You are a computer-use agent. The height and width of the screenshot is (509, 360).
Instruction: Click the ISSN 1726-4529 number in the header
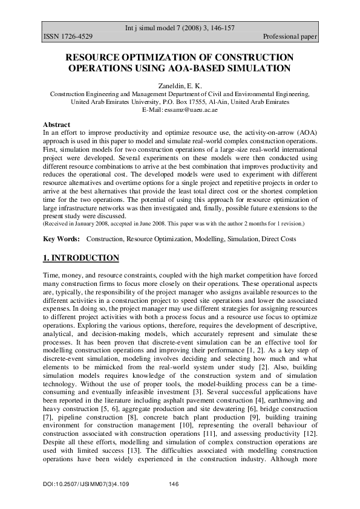click(68, 37)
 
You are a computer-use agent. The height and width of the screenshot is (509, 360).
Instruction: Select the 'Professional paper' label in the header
click(290, 37)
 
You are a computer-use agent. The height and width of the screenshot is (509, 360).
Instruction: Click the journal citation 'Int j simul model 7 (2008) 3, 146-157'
click(180, 28)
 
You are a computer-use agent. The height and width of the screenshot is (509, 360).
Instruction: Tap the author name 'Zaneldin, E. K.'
click(180, 86)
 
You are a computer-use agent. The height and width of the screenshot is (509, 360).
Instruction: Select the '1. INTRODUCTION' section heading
click(81, 258)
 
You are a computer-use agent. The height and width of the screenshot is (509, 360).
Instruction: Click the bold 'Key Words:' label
click(62, 239)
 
